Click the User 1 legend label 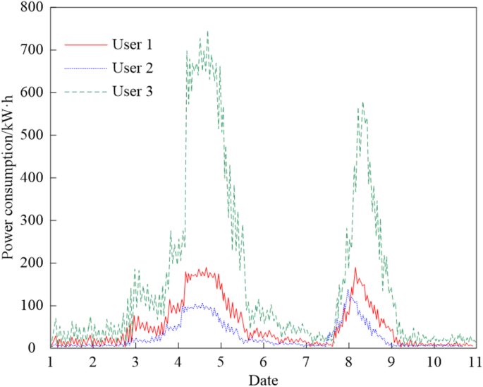point(132,44)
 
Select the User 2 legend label point(132,68)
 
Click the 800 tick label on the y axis point(32,8)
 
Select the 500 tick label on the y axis point(32,136)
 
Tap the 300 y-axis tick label point(32,220)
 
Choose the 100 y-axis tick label point(32,306)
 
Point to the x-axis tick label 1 point(50,361)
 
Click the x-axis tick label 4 point(178,361)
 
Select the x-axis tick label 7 point(305,361)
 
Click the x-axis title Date point(262,379)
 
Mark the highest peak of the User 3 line point(207,31)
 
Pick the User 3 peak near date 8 point(362,102)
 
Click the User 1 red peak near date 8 point(355,268)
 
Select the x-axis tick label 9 point(391,361)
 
